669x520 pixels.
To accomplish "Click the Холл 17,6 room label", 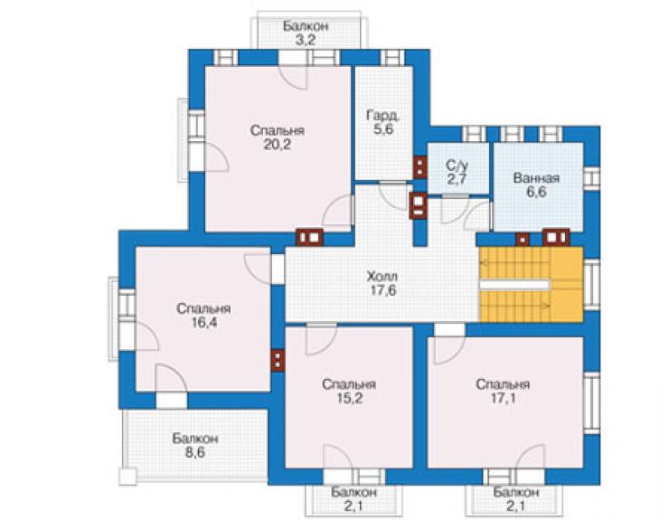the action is pos(382,283).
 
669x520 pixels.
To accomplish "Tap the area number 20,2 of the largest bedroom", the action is pos(277,145).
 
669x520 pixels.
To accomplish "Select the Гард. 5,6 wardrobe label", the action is pos(383,122).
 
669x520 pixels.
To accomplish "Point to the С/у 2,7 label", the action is pos(457,172).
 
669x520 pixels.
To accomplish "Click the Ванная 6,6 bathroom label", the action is pos(536,184).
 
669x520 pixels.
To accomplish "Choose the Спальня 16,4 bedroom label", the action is pos(203,315).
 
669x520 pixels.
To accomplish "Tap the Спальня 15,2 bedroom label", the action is pos(349,391).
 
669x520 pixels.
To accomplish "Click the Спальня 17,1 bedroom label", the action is pos(503,391).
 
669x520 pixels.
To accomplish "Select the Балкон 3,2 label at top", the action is pos(306,33).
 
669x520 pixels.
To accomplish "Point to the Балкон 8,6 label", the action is pos(195,445).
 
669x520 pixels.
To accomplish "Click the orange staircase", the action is pos(532,284).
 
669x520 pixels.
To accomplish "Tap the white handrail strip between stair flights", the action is pos(514,284).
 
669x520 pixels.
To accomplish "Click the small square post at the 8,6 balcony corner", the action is pos(127,476).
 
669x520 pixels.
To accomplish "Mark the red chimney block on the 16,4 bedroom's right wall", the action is pos(278,360).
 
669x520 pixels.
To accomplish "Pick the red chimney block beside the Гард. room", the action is pos(419,167).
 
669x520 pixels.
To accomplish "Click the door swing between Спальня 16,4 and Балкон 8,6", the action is pos(171,378).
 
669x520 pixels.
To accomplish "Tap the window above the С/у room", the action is pos(475,134).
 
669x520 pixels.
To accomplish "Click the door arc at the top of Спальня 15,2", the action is pos(321,340).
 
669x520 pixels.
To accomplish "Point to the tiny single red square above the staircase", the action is pos(523,240).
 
